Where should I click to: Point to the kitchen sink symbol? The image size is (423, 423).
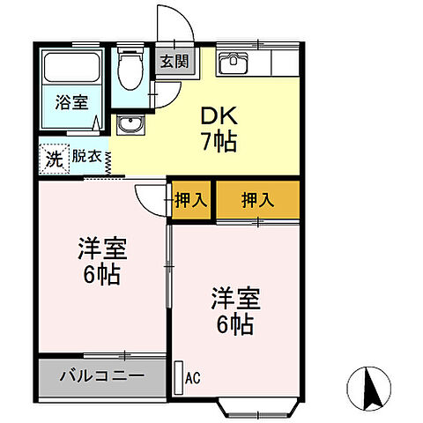tap(234, 63)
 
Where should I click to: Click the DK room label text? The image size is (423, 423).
tap(218, 115)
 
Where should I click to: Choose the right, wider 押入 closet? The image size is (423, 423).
tap(257, 199)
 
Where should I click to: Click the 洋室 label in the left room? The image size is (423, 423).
tap(101, 249)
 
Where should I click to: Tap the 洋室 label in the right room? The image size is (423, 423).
tap(232, 297)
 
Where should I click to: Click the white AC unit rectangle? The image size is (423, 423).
tap(178, 376)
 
